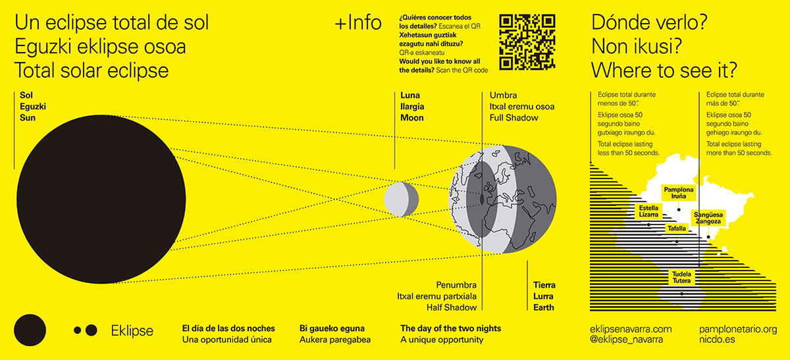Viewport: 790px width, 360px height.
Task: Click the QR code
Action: point(527,41)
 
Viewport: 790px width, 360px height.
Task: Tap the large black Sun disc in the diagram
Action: point(100,198)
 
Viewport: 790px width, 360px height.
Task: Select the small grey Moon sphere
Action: point(401,199)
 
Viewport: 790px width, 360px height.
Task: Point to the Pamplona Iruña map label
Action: point(678,193)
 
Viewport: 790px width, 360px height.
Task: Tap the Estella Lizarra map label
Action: point(648,211)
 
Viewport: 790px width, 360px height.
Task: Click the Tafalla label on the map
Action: point(677,228)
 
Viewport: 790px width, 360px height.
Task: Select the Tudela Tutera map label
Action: point(681,277)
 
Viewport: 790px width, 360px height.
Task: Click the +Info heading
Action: point(358,23)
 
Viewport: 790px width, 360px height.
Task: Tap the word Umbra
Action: point(504,95)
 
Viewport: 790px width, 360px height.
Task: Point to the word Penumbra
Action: point(456,285)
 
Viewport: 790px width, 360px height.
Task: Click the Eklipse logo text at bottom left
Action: point(132,330)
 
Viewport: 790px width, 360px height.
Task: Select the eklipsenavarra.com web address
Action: point(631,328)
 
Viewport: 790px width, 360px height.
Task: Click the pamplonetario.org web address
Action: point(737,328)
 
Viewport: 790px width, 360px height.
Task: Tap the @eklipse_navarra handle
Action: point(627,340)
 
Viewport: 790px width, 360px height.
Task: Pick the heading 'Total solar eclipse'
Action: point(92,70)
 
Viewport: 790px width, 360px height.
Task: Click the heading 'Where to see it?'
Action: point(664,70)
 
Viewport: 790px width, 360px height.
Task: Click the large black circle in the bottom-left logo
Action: point(30,330)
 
